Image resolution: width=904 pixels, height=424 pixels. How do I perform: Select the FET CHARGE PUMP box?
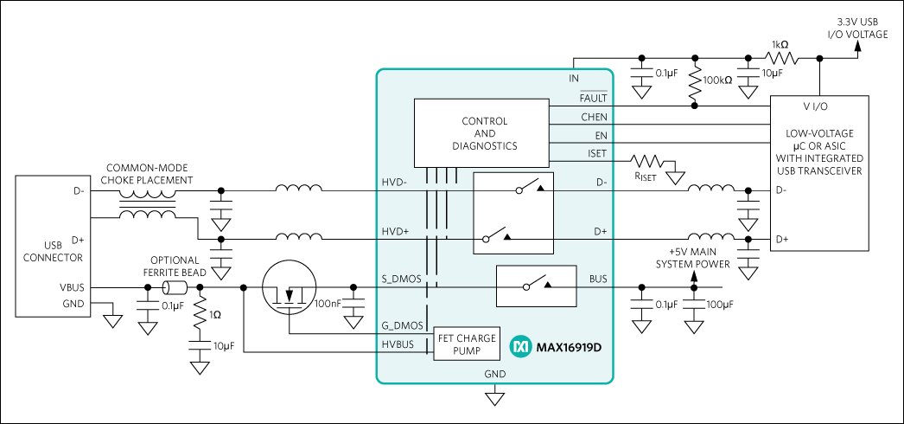467,344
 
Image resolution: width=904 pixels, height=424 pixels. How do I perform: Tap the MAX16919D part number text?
569,347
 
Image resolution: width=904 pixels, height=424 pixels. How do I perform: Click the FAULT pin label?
593,98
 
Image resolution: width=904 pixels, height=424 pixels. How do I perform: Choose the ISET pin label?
596,153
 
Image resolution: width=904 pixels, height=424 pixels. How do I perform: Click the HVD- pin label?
395,183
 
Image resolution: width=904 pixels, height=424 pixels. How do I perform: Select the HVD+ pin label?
395,232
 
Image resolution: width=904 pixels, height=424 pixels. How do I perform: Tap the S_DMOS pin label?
402,279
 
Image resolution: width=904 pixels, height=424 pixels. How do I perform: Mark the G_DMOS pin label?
402,325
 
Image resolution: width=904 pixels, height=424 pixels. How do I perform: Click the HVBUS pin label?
398,344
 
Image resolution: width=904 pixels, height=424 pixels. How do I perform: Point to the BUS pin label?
597,279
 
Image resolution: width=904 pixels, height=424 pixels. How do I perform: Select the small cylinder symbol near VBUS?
175,287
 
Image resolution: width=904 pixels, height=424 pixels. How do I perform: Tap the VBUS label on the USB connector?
71,287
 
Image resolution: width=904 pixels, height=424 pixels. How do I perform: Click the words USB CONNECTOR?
53,251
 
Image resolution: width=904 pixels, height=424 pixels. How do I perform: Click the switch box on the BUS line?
536,286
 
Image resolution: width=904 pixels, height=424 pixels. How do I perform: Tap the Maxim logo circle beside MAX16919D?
520,347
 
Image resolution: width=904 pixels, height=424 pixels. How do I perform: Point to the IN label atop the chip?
574,79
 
